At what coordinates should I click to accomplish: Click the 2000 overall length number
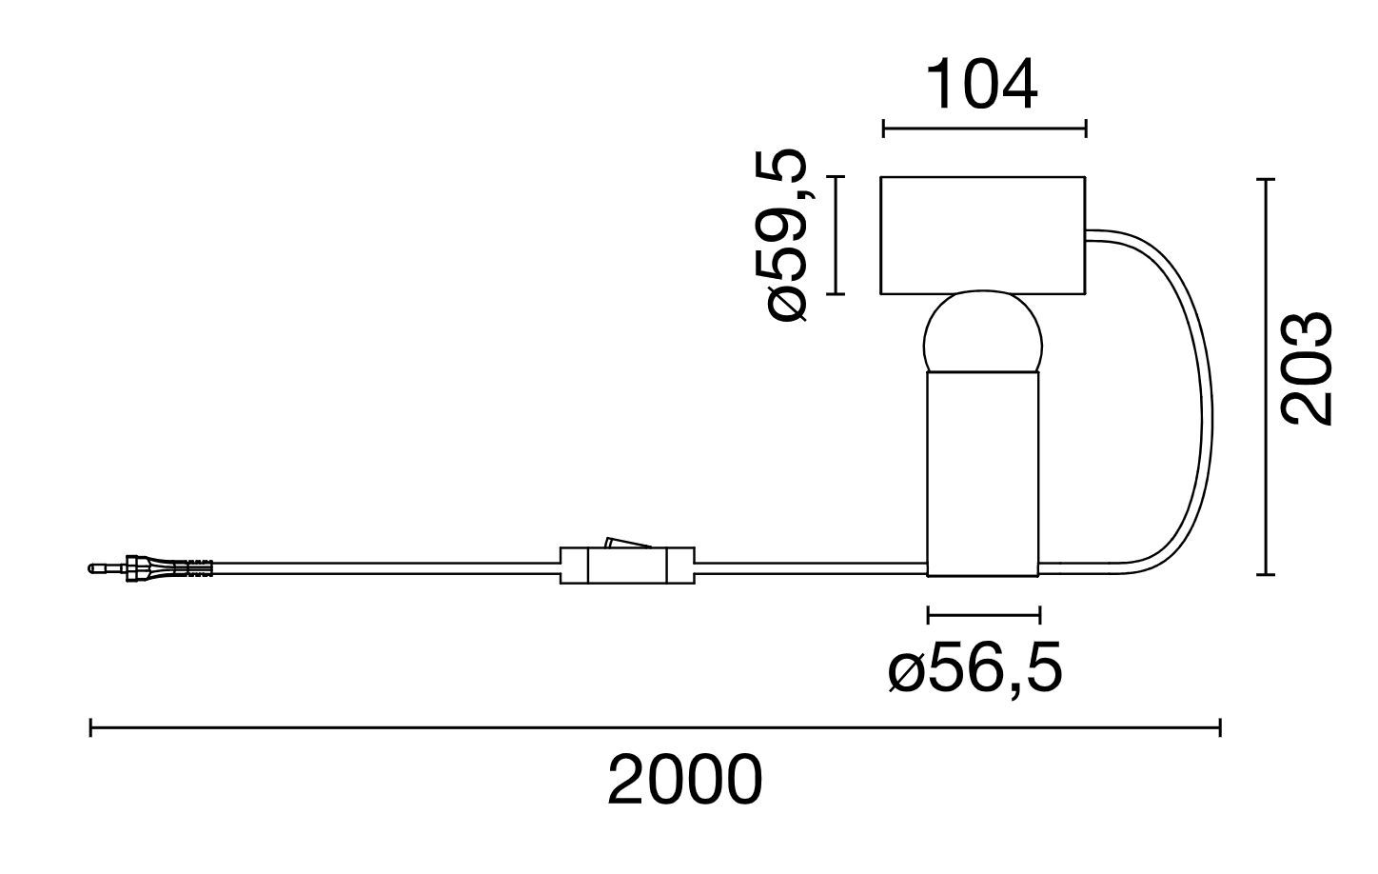click(685, 781)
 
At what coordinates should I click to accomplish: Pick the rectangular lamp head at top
click(982, 234)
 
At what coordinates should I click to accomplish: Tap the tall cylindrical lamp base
click(983, 472)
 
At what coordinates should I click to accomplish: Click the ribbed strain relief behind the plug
click(192, 568)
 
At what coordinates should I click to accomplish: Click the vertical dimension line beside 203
click(1265, 377)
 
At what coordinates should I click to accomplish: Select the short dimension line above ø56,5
click(984, 614)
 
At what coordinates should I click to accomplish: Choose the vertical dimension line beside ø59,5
click(836, 235)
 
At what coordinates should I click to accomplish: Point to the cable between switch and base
click(809, 568)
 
